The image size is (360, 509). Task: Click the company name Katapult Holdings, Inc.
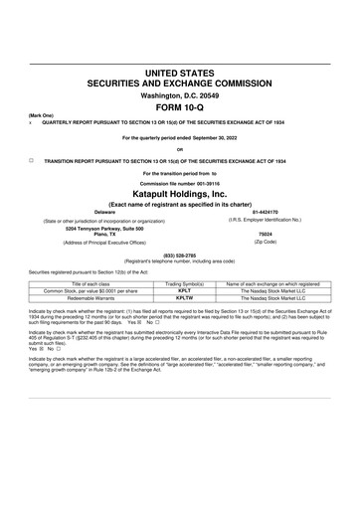point(180,195)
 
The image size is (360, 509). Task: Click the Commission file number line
point(180,183)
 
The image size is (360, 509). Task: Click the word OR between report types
point(180,149)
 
